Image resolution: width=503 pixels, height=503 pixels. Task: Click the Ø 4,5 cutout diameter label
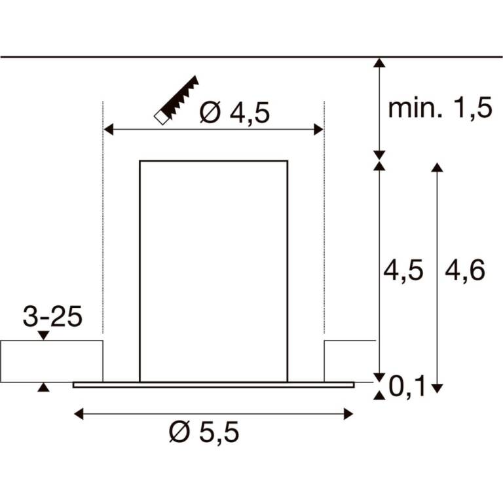234,113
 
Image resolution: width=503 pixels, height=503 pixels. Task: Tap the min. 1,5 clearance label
440,108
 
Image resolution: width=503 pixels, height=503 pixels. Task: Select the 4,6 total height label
465,270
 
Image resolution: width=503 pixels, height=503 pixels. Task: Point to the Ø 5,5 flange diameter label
204,432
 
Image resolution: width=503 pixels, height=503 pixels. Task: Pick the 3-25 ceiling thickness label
52,316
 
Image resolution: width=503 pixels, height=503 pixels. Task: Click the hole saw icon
176,100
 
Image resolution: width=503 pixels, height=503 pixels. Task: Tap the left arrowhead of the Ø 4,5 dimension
109,130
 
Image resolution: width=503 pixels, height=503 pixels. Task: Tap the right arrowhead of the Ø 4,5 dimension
318,130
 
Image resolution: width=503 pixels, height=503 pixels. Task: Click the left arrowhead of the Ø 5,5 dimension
79,414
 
